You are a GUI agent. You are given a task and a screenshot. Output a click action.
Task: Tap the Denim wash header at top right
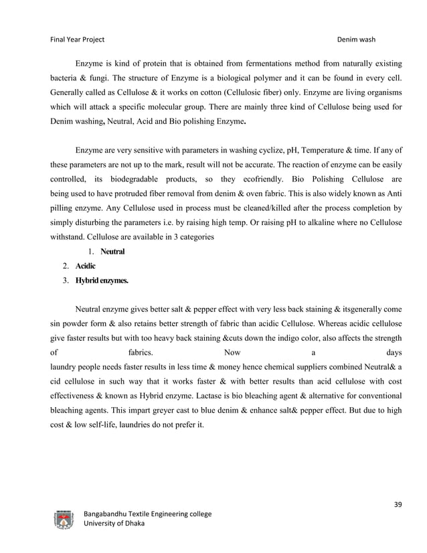coord(357,39)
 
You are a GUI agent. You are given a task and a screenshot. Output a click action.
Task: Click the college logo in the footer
coord(64,519)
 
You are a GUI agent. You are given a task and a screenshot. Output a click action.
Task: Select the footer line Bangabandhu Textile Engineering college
coord(147,513)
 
